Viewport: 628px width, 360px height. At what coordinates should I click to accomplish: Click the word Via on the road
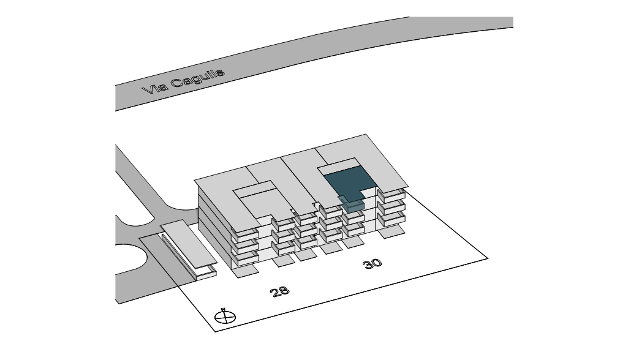[x=153, y=89]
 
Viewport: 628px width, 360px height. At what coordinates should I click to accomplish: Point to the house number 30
[x=373, y=263]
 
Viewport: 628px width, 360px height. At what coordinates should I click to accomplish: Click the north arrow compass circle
[x=225, y=317]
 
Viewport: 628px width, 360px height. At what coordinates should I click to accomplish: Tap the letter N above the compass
[x=224, y=309]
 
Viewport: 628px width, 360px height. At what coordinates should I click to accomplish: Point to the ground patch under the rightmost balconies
[x=392, y=231]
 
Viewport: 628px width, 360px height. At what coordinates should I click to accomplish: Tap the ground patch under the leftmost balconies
[x=248, y=271]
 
